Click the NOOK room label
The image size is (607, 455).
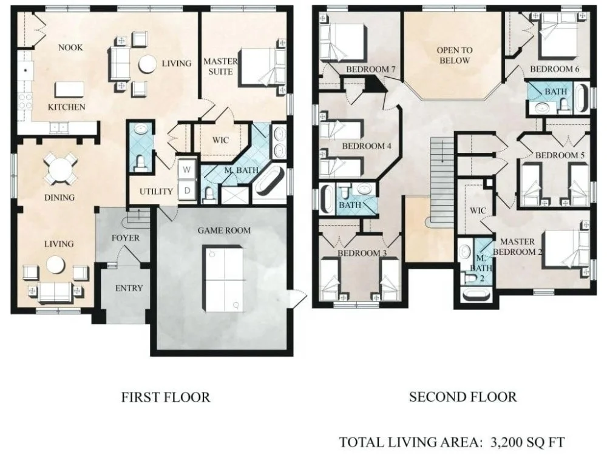(x=70, y=47)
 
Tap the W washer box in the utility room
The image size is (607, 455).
(x=186, y=170)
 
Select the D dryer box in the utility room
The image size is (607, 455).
(x=186, y=190)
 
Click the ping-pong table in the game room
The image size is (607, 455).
(x=225, y=278)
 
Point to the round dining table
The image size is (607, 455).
(x=59, y=169)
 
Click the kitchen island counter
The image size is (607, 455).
(x=69, y=90)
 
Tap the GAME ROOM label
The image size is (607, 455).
(x=224, y=231)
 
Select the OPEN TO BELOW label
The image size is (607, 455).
(x=455, y=55)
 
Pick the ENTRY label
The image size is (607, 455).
(x=129, y=288)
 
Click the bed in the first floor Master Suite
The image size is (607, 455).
(x=262, y=67)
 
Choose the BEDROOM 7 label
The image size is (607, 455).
(x=370, y=70)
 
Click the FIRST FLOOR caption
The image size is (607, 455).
(x=166, y=397)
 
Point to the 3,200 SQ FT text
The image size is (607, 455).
(x=527, y=442)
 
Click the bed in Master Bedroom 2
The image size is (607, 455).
(x=566, y=248)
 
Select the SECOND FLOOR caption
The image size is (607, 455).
(x=463, y=397)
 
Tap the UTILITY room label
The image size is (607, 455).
(x=156, y=192)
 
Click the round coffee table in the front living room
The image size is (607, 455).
(x=55, y=266)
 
